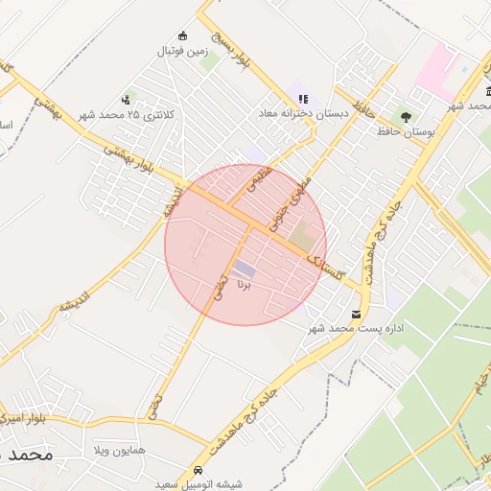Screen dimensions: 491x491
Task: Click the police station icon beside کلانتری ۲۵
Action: pos(126,100)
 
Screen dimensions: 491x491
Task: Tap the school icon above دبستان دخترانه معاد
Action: pos(304,99)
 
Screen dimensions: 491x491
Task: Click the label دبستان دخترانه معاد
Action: pos(298,113)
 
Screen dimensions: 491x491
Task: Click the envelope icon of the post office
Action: pos(357,314)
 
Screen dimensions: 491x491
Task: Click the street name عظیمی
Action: pos(260,178)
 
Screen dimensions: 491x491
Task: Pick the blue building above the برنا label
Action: pos(245,269)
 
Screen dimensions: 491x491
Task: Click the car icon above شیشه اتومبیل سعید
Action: pos(198,471)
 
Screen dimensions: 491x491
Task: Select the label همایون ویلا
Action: pos(119,450)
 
